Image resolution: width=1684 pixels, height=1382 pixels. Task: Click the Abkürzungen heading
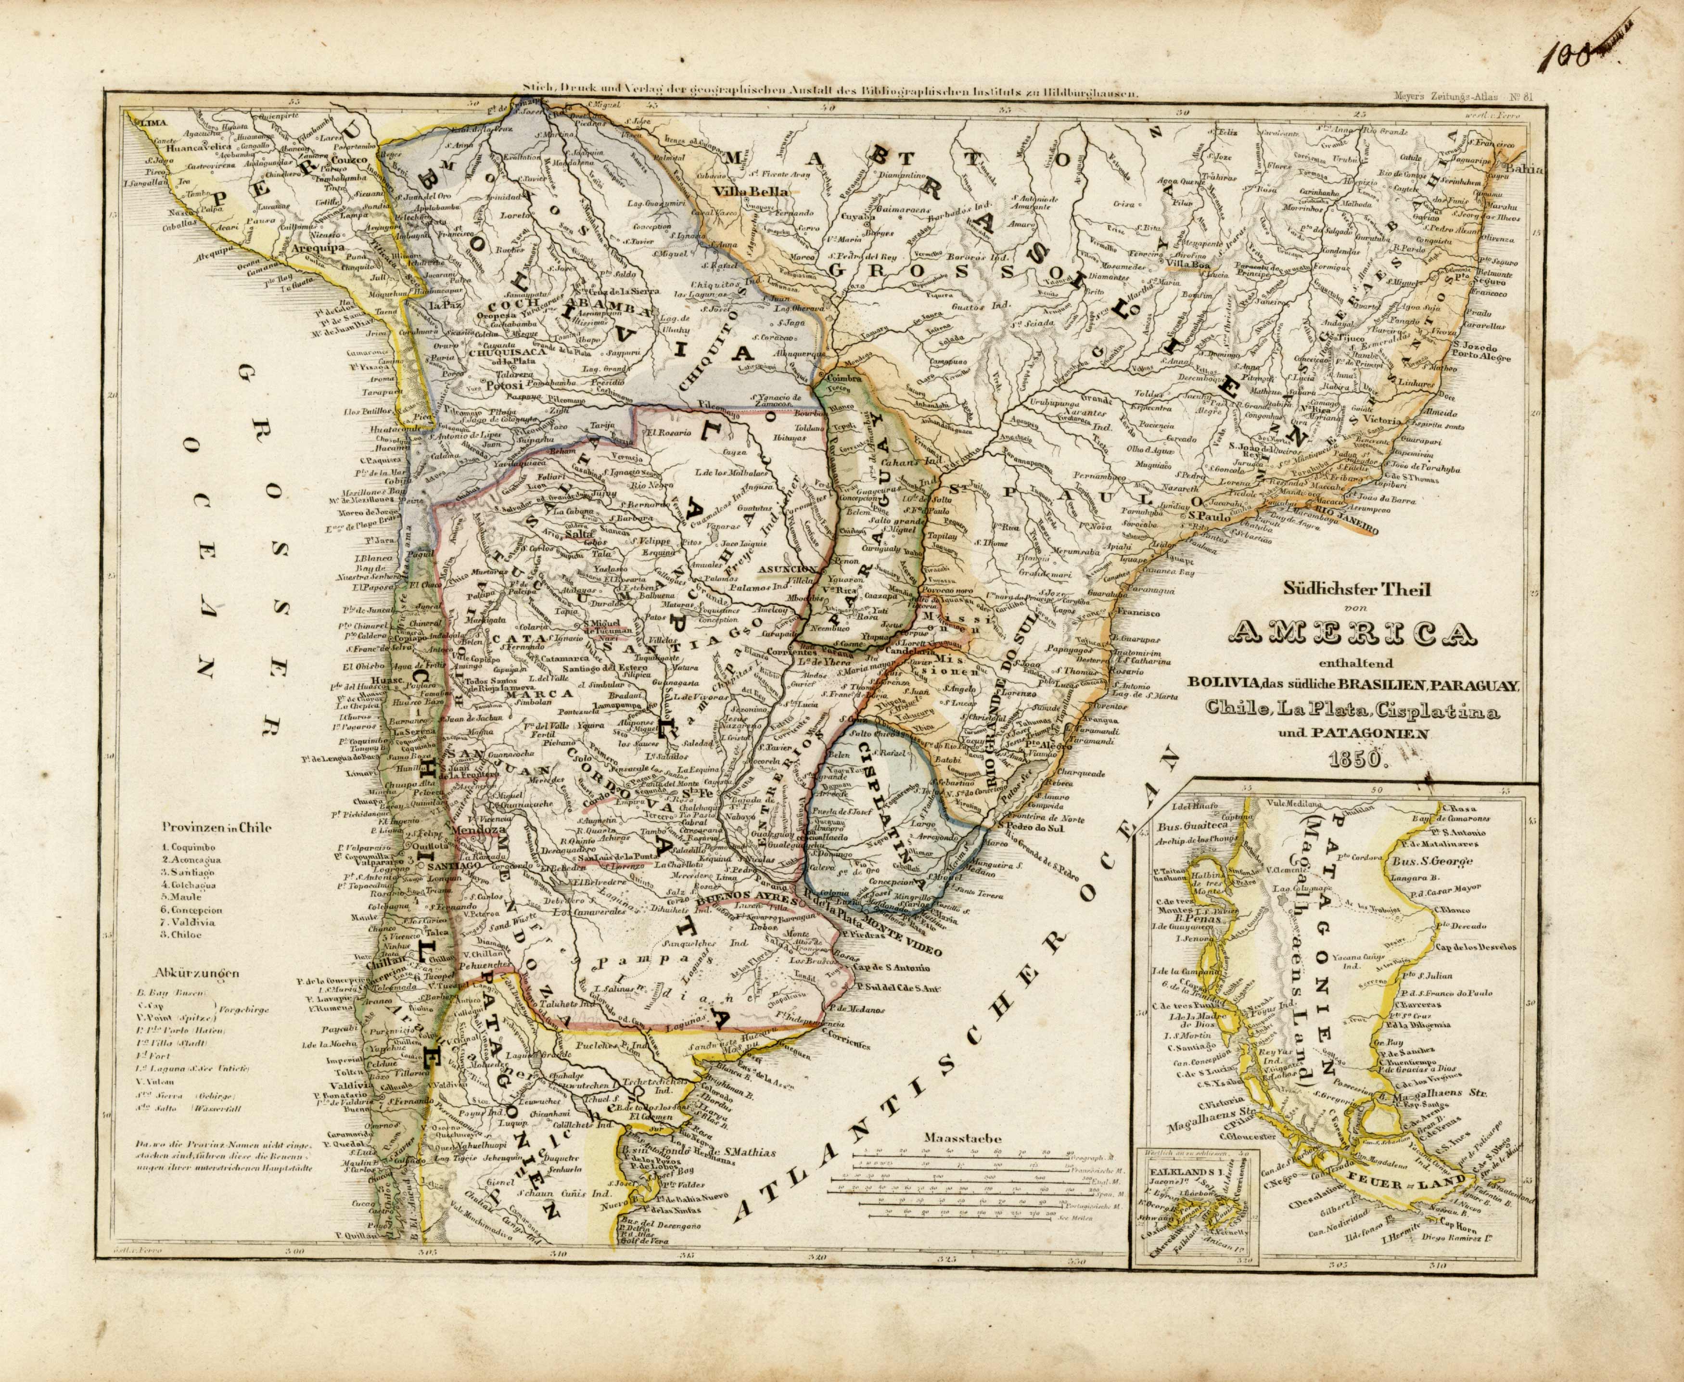(199, 973)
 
